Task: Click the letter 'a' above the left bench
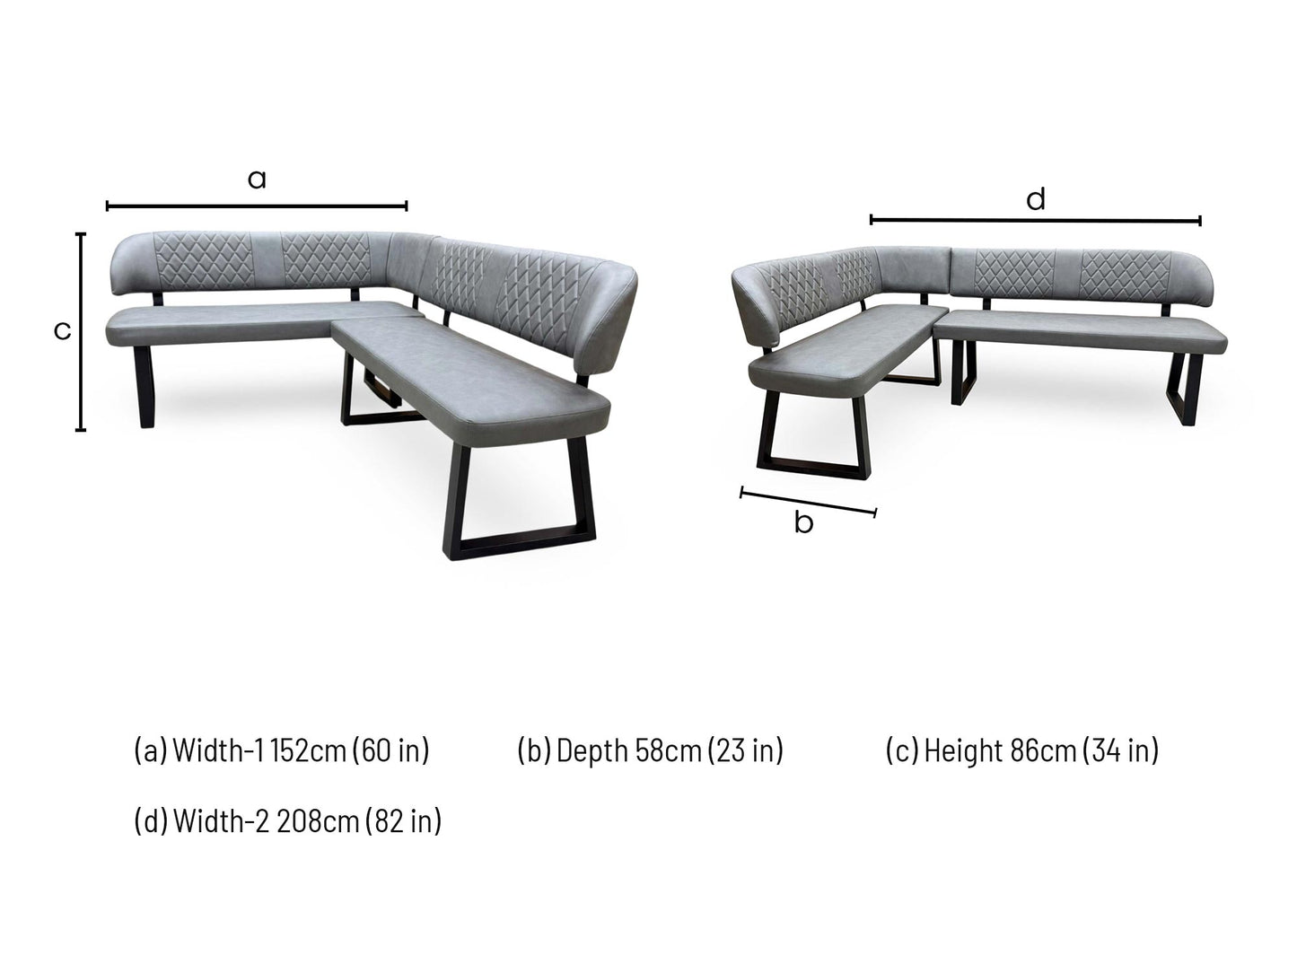click(x=257, y=180)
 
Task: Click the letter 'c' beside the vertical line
click(x=62, y=331)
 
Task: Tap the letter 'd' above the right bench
click(x=1036, y=199)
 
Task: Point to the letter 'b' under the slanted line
click(x=803, y=522)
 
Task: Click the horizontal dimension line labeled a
click(x=257, y=206)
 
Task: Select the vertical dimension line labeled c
click(x=81, y=331)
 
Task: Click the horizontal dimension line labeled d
click(x=1035, y=220)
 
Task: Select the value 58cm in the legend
click(x=669, y=750)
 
